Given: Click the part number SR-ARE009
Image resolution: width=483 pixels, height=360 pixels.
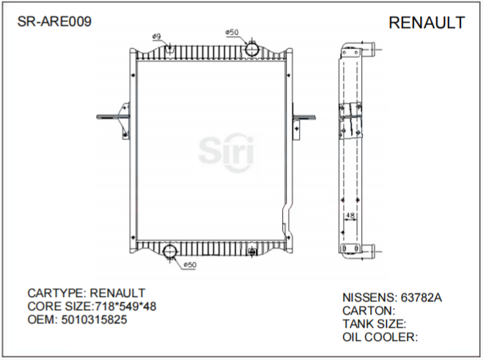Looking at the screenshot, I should pyautogui.click(x=54, y=22).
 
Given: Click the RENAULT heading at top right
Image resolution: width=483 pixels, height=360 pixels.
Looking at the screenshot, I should pyautogui.click(x=426, y=23).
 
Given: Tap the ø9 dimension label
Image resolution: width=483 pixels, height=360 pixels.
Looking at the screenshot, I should pyautogui.click(x=156, y=37).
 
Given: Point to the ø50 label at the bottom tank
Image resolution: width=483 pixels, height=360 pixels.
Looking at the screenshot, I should pyautogui.click(x=188, y=265).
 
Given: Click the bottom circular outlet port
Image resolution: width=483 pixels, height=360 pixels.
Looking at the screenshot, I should pyautogui.click(x=170, y=252).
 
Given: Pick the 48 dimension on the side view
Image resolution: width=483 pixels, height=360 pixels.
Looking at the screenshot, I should pyautogui.click(x=350, y=216).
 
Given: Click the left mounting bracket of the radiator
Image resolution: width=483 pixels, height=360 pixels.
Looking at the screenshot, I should pyautogui.click(x=115, y=120).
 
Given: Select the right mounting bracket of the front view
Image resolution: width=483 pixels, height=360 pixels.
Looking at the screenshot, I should pyautogui.click(x=301, y=122).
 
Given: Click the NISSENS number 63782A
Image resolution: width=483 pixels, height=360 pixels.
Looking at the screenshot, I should pyautogui.click(x=420, y=298).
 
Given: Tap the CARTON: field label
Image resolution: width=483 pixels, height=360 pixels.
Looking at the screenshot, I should pyautogui.click(x=369, y=311).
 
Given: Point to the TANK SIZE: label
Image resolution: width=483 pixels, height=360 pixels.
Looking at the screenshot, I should pyautogui.click(x=375, y=324).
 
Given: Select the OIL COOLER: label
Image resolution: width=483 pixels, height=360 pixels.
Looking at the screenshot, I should pyautogui.click(x=380, y=337).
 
